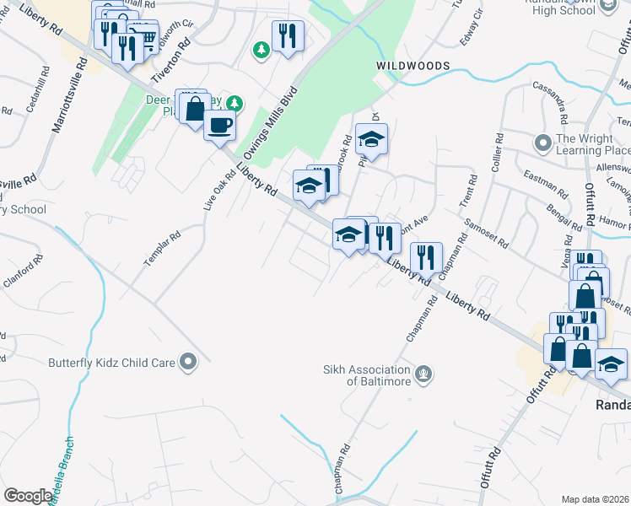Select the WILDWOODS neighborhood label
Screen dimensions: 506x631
pos(413,66)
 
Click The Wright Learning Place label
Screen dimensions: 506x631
pos(593,145)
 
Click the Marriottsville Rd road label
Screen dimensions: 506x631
pos(69,94)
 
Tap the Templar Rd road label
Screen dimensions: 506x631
pos(163,250)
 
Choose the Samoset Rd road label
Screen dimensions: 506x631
pos(486,233)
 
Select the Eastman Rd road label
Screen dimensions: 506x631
pos(541,179)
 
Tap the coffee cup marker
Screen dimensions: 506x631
pos(220,126)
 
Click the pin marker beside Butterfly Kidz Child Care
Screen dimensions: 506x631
pos(187,363)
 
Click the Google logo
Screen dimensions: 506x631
pos(27,496)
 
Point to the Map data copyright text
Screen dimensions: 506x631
pos(596,499)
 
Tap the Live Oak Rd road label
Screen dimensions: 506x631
pos(221,190)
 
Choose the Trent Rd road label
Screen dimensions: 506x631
pos(469,191)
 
